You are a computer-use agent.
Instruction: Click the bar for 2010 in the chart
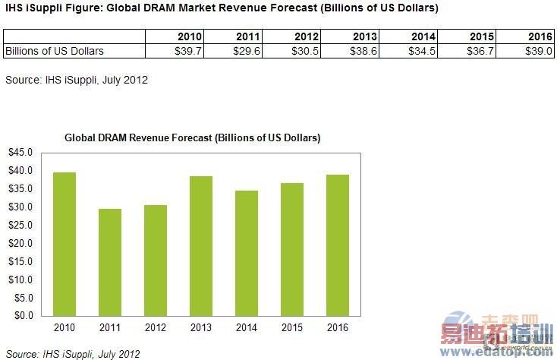tap(65, 244)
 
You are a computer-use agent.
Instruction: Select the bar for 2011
tap(110, 262)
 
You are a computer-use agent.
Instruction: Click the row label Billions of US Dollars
tap(55, 51)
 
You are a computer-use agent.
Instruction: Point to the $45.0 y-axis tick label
tap(20, 152)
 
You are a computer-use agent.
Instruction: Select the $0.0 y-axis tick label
tap(22, 315)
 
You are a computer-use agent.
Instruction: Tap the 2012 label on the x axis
tap(156, 327)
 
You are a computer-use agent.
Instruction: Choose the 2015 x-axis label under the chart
tap(292, 327)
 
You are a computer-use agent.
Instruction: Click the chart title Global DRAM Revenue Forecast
tap(192, 138)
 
